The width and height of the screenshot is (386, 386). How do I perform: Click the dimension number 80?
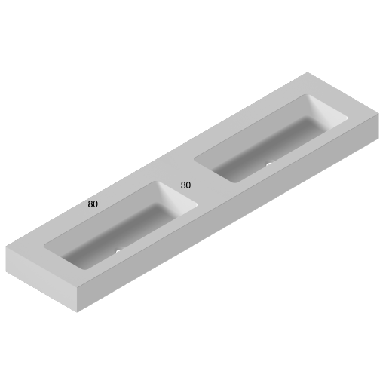(93, 204)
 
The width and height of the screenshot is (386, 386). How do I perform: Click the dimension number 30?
(185, 185)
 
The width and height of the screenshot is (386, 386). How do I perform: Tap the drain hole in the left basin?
(118, 252)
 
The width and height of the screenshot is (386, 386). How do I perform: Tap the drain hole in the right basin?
(268, 164)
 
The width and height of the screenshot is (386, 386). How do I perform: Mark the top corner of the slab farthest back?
(308, 72)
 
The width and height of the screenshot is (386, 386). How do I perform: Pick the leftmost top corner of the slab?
(7, 247)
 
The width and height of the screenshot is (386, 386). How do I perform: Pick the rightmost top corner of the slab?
(378, 112)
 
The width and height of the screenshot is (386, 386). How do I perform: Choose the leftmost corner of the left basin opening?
(44, 245)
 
